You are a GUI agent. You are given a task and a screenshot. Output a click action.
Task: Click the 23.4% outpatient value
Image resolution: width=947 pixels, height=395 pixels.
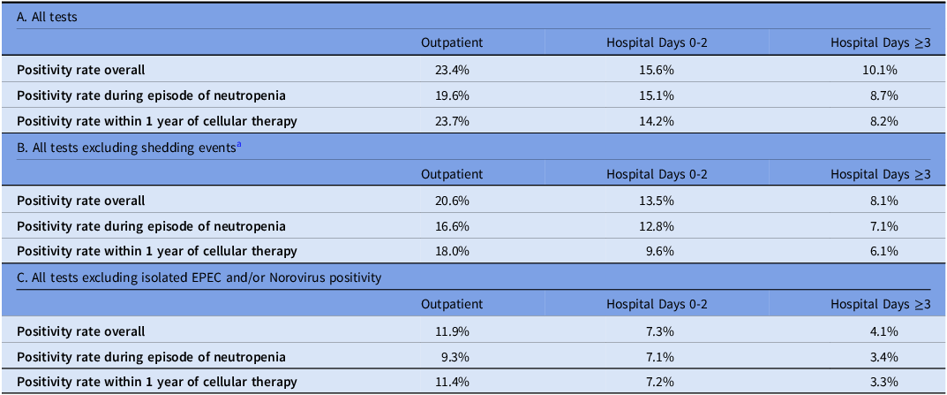[452, 70]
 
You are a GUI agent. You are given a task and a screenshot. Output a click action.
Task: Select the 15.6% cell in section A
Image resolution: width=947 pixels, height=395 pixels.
[657, 70]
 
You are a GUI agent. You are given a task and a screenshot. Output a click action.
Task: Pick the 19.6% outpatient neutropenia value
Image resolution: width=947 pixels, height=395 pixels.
[452, 95]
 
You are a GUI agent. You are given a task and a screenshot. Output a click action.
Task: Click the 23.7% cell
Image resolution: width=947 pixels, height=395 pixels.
[452, 121]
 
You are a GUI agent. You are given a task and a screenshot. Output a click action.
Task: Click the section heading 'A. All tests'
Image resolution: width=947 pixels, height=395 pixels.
[47, 18]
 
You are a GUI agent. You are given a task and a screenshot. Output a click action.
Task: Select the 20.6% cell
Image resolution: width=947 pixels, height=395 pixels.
[452, 201]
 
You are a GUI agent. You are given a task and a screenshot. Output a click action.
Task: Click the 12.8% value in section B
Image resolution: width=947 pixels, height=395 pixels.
[657, 226]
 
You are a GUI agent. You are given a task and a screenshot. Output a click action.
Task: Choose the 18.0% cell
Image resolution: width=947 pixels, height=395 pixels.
[452, 252]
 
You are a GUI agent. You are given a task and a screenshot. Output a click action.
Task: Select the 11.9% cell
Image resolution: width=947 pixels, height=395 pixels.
[452, 330]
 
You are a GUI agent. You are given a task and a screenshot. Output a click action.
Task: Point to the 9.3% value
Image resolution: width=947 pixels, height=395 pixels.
[455, 357]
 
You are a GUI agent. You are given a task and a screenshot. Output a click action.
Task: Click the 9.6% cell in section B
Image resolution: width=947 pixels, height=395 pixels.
[659, 252]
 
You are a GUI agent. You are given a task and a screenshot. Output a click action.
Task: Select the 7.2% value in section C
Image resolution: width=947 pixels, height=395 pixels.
[659, 383]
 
